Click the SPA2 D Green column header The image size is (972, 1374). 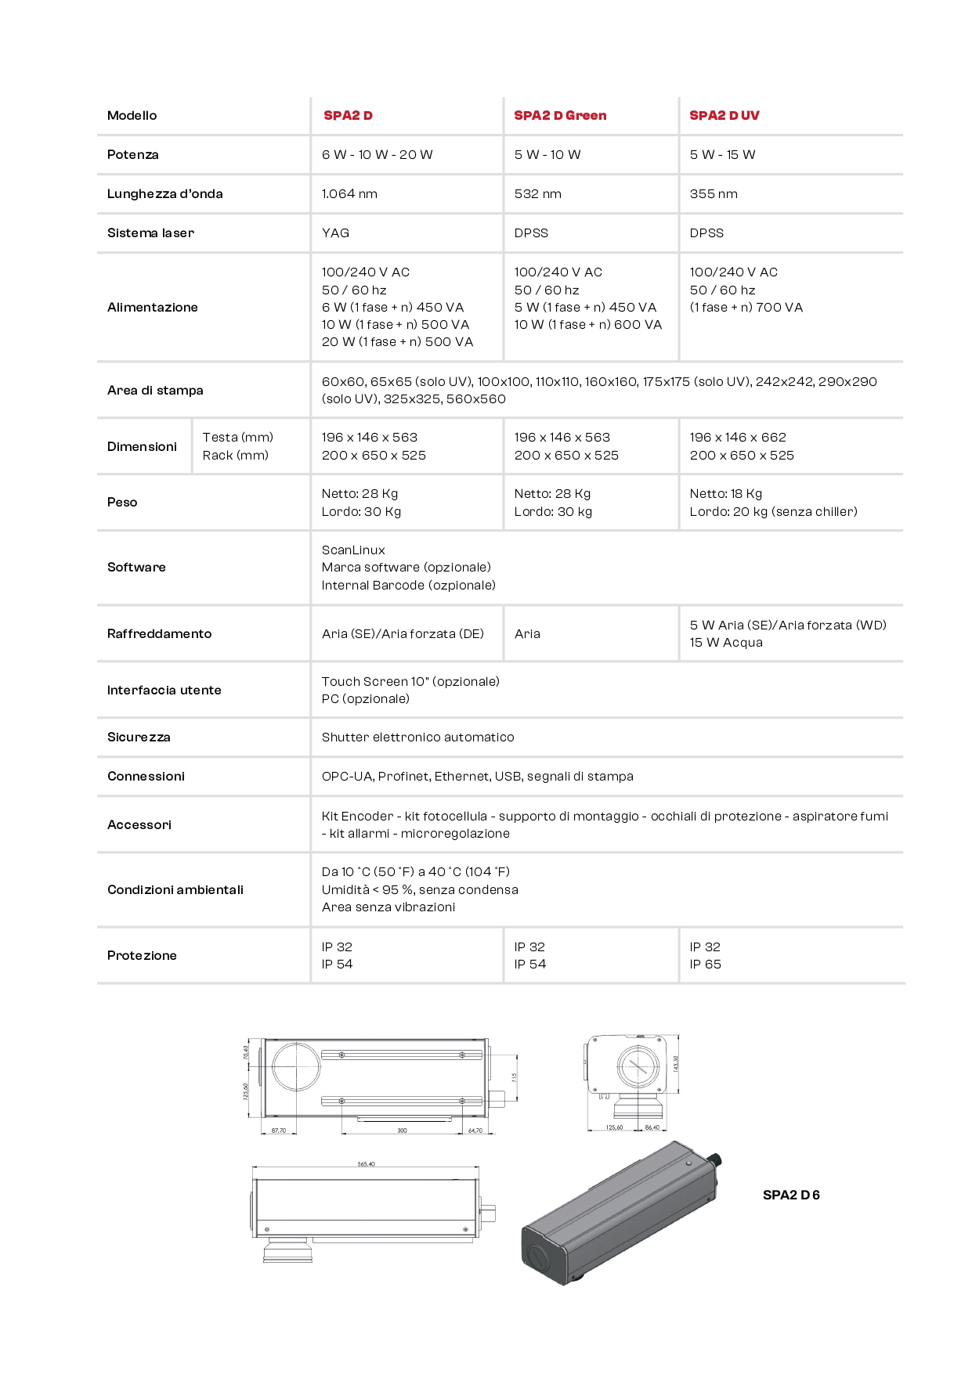tap(560, 115)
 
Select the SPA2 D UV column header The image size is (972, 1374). tap(724, 115)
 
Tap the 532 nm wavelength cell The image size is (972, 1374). tap(537, 193)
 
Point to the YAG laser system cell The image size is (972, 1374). tap(335, 233)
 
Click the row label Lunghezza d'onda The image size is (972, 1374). tap(164, 193)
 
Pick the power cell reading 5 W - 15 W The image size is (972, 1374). tap(722, 154)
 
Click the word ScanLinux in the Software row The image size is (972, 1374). tap(353, 550)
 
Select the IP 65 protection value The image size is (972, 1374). tap(705, 964)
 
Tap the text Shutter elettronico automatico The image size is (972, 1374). tap(417, 737)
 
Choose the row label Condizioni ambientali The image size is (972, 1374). tap(175, 889)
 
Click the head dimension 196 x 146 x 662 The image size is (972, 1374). tap(737, 437)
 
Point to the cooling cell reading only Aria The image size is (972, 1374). tap(527, 633)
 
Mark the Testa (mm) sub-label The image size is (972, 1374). tap(237, 437)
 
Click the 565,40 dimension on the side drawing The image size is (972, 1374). tap(366, 1164)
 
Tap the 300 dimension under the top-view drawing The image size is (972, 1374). tap(402, 1131)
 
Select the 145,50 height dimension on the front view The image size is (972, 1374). tap(676, 1063)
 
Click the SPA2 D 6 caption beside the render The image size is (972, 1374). tap(791, 1195)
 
